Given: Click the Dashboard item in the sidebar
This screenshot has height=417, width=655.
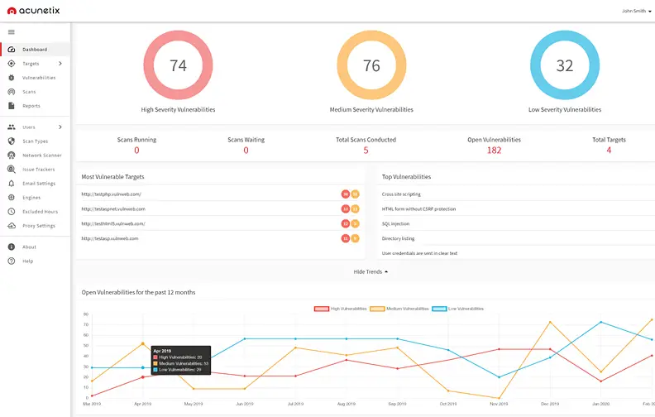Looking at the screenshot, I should (x=34, y=50).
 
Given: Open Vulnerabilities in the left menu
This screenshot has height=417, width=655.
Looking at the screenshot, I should (x=38, y=78).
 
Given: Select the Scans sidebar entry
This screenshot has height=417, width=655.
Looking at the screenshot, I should (x=29, y=92).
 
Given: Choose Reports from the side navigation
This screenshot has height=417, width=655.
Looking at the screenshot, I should (x=31, y=106).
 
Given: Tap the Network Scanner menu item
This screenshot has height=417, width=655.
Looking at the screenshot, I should (x=41, y=156).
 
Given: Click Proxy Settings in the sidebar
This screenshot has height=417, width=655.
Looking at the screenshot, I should (x=39, y=226).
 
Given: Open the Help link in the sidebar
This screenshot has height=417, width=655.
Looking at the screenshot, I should (x=27, y=261).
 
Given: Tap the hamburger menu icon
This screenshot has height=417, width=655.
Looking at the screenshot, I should (x=12, y=32).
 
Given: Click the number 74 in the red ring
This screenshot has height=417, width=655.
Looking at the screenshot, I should (x=178, y=66).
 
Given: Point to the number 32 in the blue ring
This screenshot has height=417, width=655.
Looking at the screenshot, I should (x=565, y=66).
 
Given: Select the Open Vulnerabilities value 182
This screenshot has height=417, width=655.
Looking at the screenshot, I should (x=494, y=151).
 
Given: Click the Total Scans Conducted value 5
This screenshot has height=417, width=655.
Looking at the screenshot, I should (x=366, y=151).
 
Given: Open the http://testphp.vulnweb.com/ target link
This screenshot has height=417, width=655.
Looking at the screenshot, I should (x=111, y=194).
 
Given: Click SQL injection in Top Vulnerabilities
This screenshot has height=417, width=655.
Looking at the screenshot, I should (x=395, y=224).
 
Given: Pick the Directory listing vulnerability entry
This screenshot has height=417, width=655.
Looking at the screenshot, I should (x=398, y=238).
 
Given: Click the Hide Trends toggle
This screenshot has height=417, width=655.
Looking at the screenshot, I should (x=371, y=271).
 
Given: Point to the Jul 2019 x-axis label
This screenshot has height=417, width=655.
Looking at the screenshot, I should (x=294, y=404).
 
